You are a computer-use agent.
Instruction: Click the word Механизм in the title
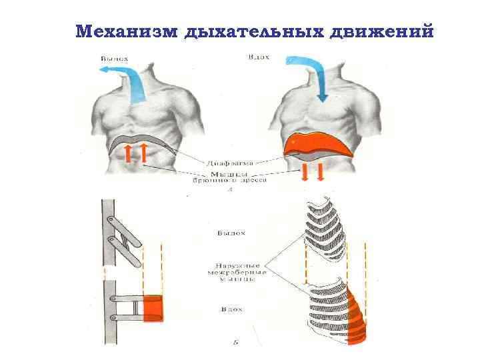tap(126, 31)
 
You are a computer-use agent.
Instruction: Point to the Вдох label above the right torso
tap(258, 57)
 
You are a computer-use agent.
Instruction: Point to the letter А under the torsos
tap(229, 189)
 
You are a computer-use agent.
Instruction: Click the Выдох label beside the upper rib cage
tap(231, 233)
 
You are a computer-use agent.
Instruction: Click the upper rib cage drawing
tap(327, 230)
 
